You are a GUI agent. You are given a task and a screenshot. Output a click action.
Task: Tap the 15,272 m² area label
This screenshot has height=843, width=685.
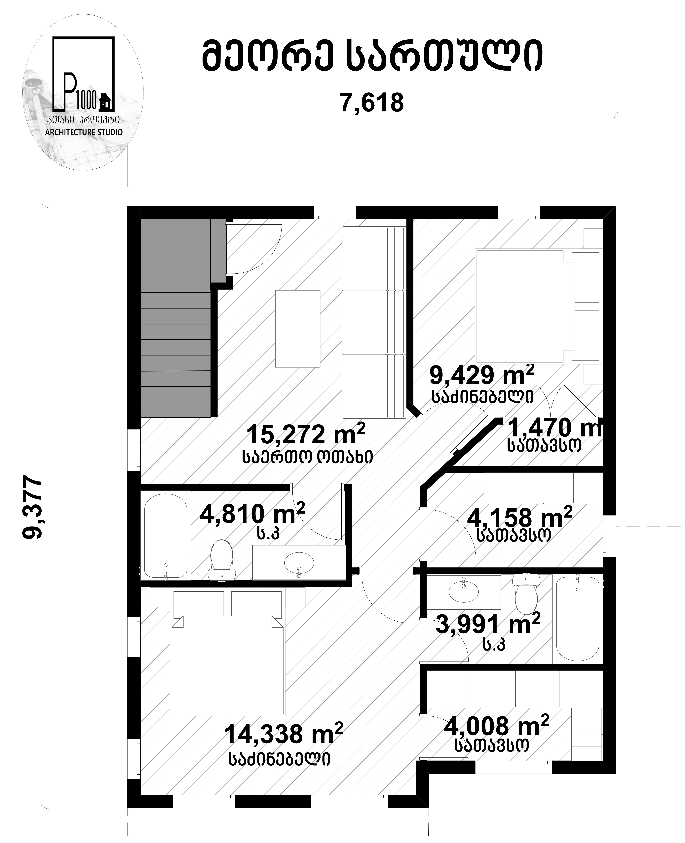tap(306, 434)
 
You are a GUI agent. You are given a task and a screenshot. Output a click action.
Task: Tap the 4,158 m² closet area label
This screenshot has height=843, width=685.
tap(519, 518)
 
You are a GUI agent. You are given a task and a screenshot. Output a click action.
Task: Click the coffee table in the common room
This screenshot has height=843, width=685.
tap(297, 329)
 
